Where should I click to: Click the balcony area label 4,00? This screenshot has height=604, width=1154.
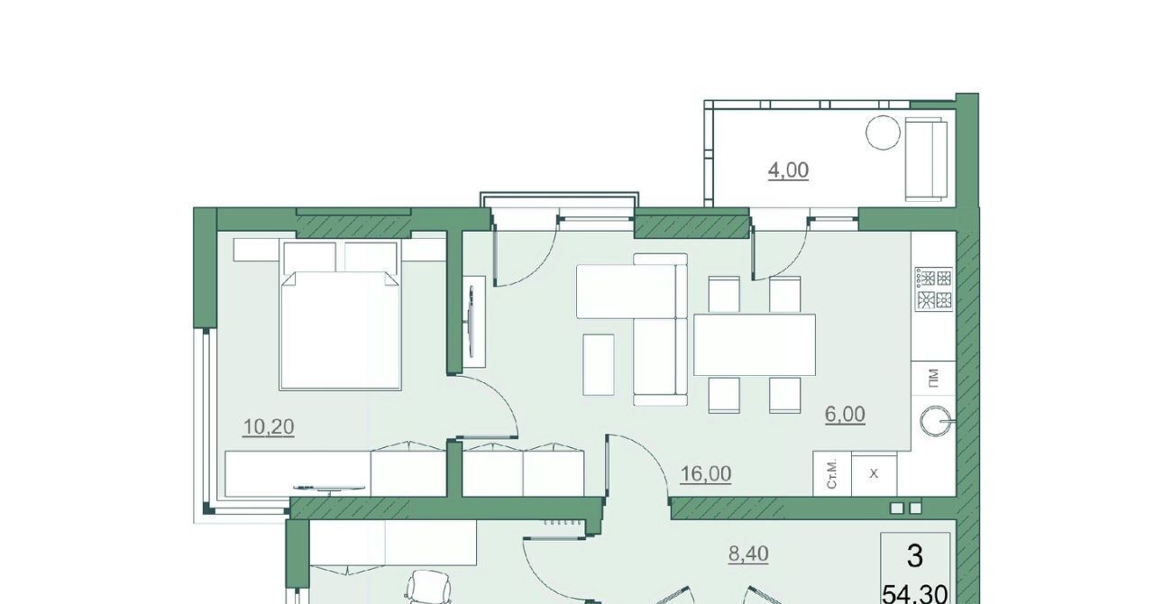click(788, 170)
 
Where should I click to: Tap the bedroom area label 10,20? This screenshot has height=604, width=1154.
click(269, 426)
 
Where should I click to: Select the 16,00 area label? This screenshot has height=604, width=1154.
click(706, 473)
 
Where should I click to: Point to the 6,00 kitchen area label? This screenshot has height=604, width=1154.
click(845, 415)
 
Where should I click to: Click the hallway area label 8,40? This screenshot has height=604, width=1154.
click(748, 554)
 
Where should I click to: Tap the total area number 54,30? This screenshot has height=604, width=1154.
click(915, 594)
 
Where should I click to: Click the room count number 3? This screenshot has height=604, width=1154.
click(915, 557)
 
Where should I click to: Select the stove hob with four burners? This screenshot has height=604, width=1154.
click(933, 289)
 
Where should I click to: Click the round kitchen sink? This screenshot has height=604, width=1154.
click(933, 422)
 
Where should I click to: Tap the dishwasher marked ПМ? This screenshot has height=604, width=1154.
click(933, 378)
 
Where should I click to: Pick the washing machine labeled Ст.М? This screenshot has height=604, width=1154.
click(832, 475)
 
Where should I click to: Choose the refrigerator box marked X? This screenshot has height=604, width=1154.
click(875, 475)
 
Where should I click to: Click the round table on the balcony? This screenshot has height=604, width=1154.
click(883, 133)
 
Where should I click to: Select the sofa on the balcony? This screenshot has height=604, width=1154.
click(926, 160)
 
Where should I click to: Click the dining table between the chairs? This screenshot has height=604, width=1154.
click(755, 344)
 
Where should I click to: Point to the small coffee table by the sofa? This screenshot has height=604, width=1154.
click(598, 364)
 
